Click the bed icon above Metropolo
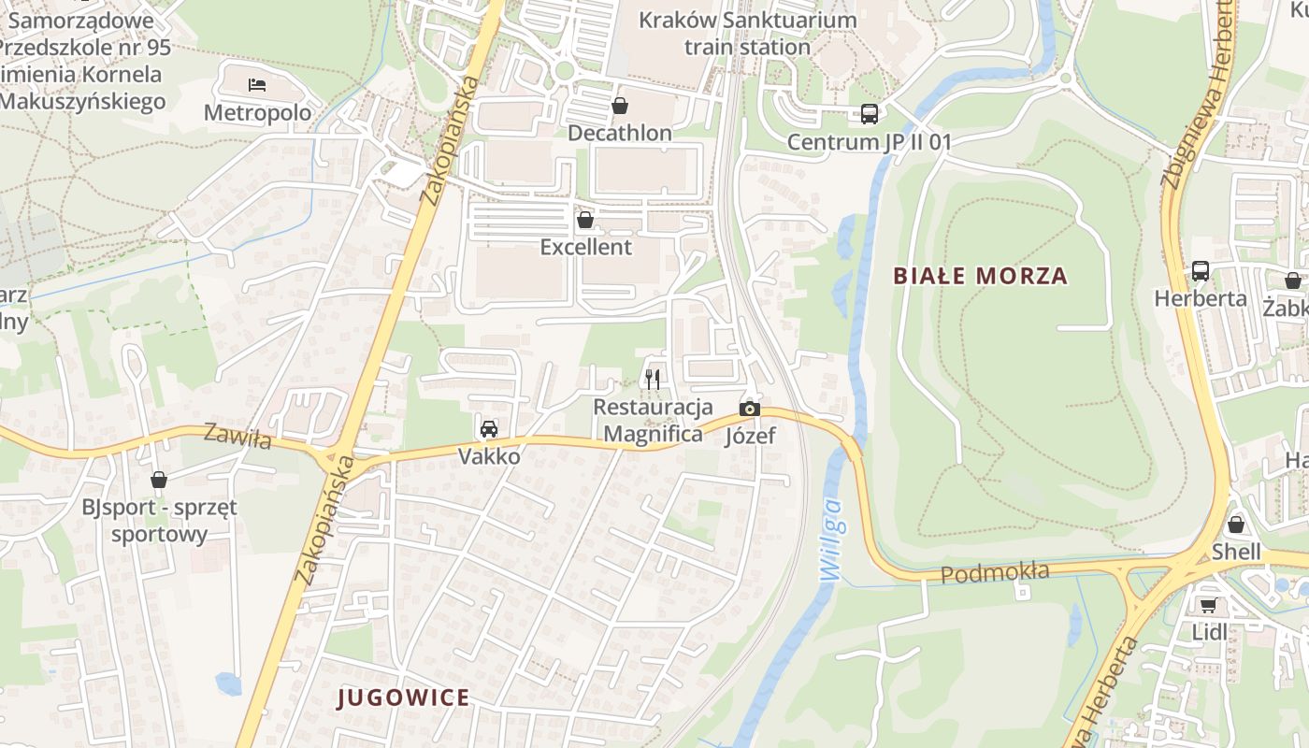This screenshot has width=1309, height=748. pos(257,85)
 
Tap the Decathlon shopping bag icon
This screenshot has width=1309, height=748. pos(619,106)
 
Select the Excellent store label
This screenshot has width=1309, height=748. pos(586,247)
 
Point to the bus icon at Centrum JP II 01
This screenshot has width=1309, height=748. pos(869,114)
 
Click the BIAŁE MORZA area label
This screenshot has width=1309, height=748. pos(980,276)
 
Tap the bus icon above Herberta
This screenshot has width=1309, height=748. pos(1200,271)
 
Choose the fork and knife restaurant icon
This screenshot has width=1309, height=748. pos(653,379)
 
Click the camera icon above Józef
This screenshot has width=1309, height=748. pos(749,409)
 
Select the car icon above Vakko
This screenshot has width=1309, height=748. pos(488,429)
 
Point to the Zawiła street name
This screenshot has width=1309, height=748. pos(237,436)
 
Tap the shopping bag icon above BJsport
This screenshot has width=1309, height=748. pos(159,480)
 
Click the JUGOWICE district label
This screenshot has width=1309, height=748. pos(403,698)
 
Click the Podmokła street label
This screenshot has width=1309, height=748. pos(995,572)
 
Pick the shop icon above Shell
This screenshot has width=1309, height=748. pos(1236,525)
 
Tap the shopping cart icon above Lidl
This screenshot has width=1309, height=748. pos(1208,605)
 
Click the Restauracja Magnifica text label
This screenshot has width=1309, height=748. pos(653,421)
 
